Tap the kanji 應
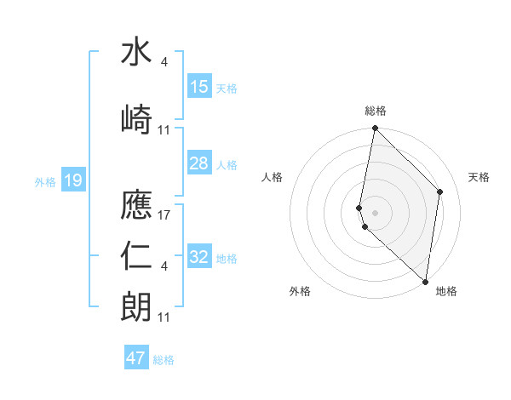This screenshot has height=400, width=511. tap(136, 204)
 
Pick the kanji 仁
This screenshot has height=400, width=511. tap(136, 255)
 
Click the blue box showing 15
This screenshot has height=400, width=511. tap(199, 87)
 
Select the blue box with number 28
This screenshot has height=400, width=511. tap(199, 163)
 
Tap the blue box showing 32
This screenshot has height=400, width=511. tap(199, 257)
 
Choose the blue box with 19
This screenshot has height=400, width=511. tap(72, 180)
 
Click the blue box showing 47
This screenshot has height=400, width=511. tap(136, 358)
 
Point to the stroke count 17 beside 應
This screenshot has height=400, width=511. tap(165, 214)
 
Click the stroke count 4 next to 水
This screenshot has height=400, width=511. tap(164, 61)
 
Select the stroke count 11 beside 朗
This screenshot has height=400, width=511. tap(165, 317)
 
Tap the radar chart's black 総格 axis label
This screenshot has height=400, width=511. tap(376, 111)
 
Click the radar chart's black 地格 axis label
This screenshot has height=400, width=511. tap(446, 291)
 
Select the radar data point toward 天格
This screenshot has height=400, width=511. tap(440, 191)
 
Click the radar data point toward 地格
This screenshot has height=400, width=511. tap(426, 282)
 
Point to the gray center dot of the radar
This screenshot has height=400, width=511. tap(376, 212)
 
